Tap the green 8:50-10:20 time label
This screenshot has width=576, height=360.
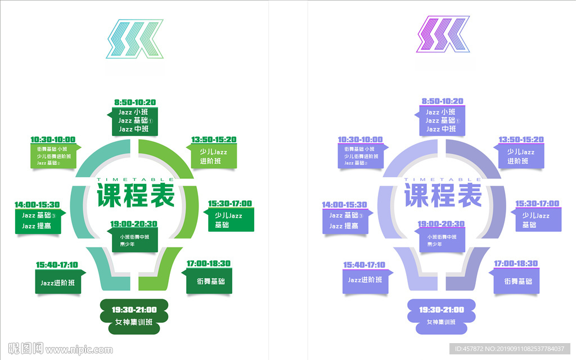tap(135, 102)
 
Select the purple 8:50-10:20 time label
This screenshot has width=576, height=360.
tap(442, 101)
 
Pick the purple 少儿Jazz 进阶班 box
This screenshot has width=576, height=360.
tap(517, 156)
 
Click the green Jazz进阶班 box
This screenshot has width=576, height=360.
tap(58, 283)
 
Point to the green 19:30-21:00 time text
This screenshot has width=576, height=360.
tap(134, 309)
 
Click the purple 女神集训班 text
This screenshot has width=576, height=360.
tap(442, 322)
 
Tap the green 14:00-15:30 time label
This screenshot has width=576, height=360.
tap(37, 205)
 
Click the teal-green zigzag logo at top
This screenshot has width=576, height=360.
tap(134, 39)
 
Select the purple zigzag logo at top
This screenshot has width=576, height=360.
tap(442, 35)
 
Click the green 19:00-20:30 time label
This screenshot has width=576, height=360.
tap(134, 224)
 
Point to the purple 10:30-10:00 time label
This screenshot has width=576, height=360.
tap(360, 139)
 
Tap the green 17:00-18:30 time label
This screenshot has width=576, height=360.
tap(209, 263)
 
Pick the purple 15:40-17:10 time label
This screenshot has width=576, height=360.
tap(364, 265)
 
